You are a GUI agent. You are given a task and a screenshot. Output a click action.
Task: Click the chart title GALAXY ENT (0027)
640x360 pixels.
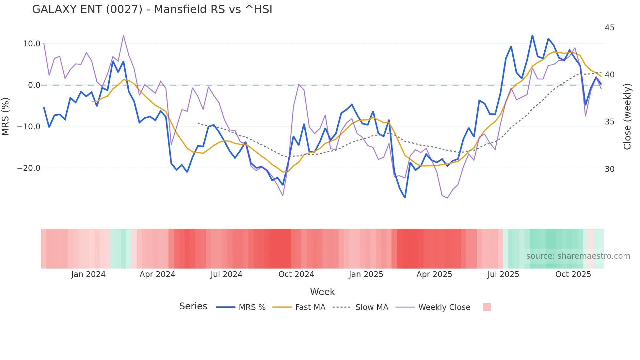pyautogui.click(x=152, y=9)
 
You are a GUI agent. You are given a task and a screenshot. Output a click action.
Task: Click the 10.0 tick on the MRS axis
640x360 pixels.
pyautogui.click(x=32, y=44)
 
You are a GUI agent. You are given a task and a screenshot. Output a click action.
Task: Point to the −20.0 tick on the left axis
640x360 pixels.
pyautogui.click(x=29, y=168)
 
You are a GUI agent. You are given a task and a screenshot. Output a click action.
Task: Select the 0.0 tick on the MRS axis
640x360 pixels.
pyautogui.click(x=34, y=85)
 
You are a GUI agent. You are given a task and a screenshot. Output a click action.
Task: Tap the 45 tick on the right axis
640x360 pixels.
pyautogui.click(x=609, y=28)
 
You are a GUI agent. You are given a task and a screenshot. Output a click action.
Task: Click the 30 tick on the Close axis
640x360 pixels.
pyautogui.click(x=609, y=169)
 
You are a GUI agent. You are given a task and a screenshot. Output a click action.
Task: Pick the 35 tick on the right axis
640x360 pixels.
pyautogui.click(x=609, y=122)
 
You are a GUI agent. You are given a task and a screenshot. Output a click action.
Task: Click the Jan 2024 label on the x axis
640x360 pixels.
pyautogui.click(x=88, y=274)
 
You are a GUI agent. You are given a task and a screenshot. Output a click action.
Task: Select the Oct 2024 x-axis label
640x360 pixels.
pyautogui.click(x=296, y=274)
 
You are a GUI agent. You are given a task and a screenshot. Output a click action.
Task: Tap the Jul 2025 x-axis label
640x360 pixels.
pyautogui.click(x=503, y=274)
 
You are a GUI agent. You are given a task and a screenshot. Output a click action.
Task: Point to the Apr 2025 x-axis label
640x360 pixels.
pyautogui.click(x=434, y=274)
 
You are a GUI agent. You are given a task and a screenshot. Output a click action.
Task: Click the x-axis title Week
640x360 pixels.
pyautogui.click(x=322, y=292)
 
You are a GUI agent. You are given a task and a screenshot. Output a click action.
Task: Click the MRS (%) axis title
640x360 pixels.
pyautogui.click(x=6, y=116)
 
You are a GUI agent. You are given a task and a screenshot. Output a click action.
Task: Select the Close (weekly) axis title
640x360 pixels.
pyautogui.click(x=627, y=117)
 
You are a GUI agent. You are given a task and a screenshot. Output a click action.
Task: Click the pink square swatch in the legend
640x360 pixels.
pyautogui.click(x=487, y=307)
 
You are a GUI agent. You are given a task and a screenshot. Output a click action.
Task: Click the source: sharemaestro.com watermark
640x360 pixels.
pyautogui.click(x=578, y=256)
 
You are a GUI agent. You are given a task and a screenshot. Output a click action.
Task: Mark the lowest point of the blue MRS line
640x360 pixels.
pyautogui.click(x=405, y=198)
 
